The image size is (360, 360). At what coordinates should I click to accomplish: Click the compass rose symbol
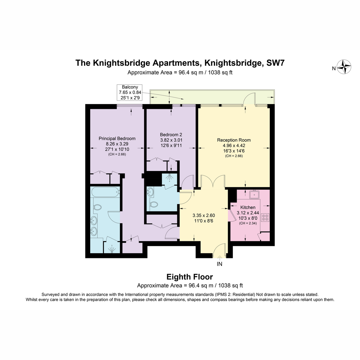[x=344, y=67]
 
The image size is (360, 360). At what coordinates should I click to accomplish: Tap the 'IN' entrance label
[x=219, y=264]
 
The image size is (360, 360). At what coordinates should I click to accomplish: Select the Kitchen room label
[x=248, y=207]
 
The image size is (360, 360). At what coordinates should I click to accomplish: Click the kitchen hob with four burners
[x=265, y=217]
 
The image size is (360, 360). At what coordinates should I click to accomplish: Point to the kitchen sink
[x=254, y=195]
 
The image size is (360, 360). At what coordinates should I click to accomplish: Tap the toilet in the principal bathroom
[x=97, y=207]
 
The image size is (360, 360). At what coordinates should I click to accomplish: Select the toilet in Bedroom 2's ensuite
[x=154, y=204]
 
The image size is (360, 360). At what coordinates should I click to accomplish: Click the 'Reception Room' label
[x=234, y=140]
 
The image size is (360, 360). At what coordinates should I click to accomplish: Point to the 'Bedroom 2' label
[x=171, y=135]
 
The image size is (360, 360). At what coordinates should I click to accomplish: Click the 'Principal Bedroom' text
[x=117, y=139]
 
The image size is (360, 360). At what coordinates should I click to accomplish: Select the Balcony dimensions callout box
[x=130, y=92]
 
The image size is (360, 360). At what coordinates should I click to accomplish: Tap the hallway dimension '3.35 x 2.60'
[x=204, y=216]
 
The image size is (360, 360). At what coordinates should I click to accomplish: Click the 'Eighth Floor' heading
[x=190, y=277]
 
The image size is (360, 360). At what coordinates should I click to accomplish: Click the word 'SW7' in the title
[x=275, y=63]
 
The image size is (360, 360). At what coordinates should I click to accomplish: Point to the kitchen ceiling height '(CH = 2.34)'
[x=248, y=223]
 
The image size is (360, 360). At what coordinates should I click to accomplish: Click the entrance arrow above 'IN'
[x=220, y=258]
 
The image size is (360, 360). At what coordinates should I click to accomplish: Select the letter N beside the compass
[x=334, y=69]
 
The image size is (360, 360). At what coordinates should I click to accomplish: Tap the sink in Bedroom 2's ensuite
[x=150, y=192]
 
